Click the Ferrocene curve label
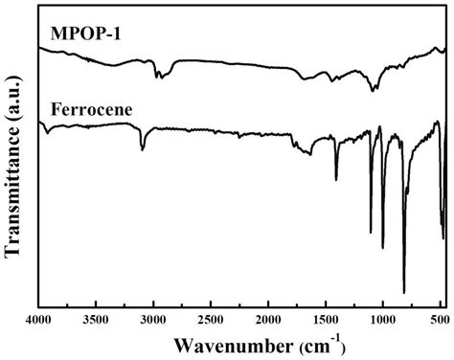(x=87, y=110)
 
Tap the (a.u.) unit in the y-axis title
(x=14, y=92)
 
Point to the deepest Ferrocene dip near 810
(x=404, y=292)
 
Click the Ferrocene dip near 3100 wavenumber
(x=143, y=149)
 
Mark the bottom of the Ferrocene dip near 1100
(x=371, y=233)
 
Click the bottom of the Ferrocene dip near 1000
(x=383, y=247)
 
